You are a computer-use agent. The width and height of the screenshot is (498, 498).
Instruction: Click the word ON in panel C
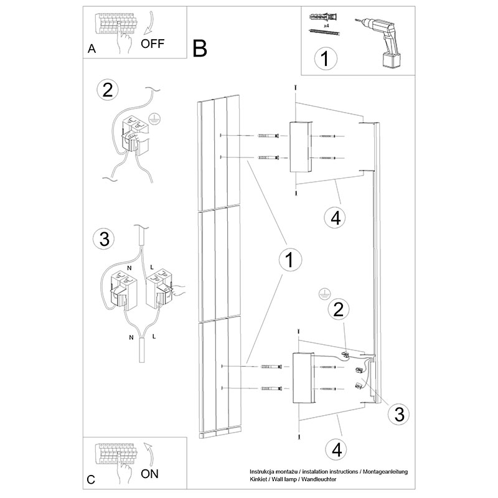[150, 473]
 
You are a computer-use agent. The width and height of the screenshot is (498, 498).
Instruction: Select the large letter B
[199, 47]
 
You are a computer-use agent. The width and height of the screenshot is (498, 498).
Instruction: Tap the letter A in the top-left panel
[92, 49]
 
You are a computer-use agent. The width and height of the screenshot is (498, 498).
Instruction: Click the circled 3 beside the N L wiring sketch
[105, 238]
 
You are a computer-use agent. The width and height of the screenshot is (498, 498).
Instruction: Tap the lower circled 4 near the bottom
[335, 448]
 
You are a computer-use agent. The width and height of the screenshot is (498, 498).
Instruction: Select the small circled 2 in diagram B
[338, 309]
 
